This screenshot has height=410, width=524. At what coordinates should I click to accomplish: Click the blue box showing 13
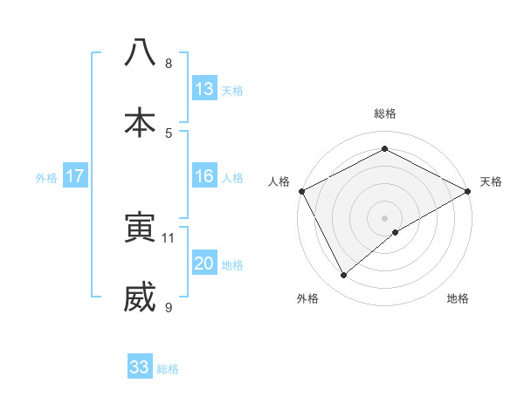(x=204, y=89)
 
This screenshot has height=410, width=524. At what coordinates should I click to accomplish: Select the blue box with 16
(x=204, y=176)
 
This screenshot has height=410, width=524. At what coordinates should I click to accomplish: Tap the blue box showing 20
(x=204, y=263)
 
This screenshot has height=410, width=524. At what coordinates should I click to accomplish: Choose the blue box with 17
(x=74, y=176)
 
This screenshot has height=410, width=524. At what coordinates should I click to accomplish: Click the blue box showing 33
(x=140, y=367)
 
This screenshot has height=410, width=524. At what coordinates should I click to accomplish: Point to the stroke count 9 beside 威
(x=169, y=307)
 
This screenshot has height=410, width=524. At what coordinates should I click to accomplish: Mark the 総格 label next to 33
(x=168, y=369)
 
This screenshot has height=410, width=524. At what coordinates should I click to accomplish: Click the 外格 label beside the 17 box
(x=46, y=177)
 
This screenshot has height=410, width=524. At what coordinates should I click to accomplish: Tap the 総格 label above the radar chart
(x=384, y=114)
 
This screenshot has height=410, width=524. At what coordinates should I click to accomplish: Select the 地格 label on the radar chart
(x=458, y=299)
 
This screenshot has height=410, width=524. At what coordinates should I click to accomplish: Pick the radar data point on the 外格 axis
(x=344, y=276)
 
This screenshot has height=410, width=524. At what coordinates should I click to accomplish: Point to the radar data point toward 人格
(x=301, y=191)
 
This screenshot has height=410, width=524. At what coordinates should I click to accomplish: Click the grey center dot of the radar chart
(x=384, y=217)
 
